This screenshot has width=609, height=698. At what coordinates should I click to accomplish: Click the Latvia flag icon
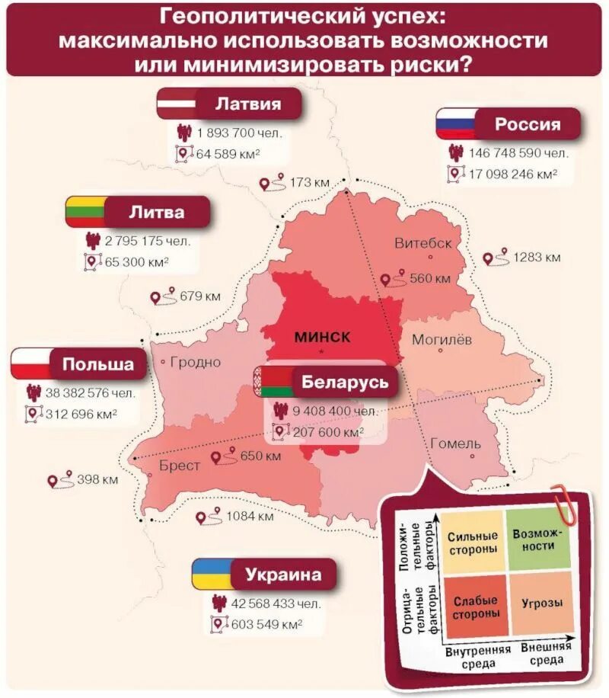tap(177, 104)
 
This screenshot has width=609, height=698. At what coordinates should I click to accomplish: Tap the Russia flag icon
tap(456, 123)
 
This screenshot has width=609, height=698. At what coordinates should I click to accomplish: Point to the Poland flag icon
tap(30, 363)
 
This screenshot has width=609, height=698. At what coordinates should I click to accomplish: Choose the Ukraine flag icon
tap(211, 574)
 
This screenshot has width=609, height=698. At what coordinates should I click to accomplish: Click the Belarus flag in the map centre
tap(270, 381)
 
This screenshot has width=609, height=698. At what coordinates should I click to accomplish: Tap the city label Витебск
tap(422, 243)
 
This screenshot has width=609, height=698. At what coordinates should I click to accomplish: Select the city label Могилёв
tap(442, 339)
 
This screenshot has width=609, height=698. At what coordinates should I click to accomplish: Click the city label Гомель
tap(455, 443)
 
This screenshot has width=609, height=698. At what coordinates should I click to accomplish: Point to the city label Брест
tap(180, 465)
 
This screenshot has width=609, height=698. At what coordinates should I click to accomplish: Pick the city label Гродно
tap(196, 362)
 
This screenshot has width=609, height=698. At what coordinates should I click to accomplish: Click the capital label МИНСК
tap(322, 337)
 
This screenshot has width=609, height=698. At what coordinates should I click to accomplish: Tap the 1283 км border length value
tap(537, 258)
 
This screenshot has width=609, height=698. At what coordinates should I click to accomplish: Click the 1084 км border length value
tap(250, 517)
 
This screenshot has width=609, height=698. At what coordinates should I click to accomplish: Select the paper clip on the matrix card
tap(565, 499)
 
